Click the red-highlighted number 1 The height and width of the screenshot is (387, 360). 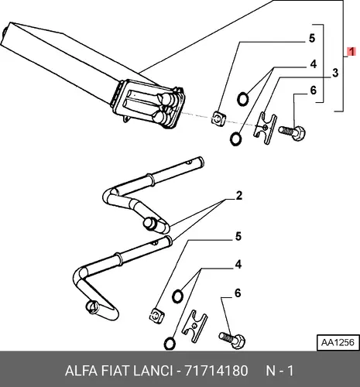tap(351, 52)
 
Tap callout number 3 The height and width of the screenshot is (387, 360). tap(335, 73)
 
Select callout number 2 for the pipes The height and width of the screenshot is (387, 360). tap(239, 196)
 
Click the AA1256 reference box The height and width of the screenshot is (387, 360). tap(338, 343)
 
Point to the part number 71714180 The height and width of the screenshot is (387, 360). tap(216, 371)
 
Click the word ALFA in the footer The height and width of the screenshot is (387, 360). tap(81, 371)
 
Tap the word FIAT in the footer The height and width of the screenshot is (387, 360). tap(115, 371)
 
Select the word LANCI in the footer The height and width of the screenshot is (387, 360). tap(153, 371)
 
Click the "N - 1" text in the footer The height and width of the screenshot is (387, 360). tap(279, 371)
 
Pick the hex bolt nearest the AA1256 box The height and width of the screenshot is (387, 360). tap(232, 340)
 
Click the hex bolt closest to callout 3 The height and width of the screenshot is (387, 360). tap(292, 132)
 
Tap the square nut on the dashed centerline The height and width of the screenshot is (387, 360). tap(219, 118)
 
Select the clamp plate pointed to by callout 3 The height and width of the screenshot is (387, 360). tap(265, 128)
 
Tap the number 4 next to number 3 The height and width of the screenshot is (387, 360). tap(313, 64)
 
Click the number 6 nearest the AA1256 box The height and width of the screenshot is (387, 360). tap(238, 293)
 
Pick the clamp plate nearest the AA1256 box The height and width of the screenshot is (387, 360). tap(194, 327)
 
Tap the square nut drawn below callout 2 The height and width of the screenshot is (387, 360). tap(157, 316)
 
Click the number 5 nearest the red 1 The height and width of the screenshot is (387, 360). tap(312, 38)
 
